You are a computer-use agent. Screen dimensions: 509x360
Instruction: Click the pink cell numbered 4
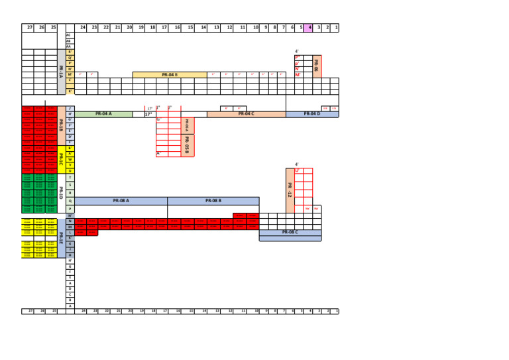310,28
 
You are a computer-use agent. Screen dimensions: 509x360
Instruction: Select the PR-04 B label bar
170,75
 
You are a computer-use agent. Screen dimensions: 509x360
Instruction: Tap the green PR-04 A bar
103,114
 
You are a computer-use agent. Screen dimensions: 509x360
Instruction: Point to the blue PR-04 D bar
311,114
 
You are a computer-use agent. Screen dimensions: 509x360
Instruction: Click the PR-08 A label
121,200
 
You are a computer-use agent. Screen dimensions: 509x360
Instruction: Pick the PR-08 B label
213,200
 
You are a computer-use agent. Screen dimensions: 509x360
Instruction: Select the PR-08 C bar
290,232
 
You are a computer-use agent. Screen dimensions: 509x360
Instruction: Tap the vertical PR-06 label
316,66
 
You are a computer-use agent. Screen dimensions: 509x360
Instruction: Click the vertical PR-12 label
290,191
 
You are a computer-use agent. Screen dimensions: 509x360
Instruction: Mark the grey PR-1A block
61,72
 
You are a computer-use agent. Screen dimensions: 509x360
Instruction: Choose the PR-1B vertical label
61,125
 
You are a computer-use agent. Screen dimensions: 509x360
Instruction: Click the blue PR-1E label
61,237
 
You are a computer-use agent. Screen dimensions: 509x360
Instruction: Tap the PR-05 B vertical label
188,145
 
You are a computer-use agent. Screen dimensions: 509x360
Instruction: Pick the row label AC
69,34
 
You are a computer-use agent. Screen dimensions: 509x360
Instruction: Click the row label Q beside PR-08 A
70,200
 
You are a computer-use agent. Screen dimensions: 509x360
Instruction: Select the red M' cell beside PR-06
298,75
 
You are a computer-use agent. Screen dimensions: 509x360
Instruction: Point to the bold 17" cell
148,114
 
